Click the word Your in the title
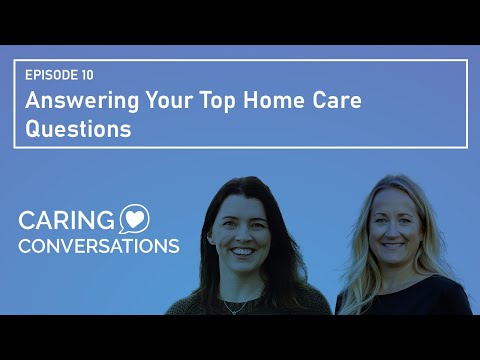tap(158, 101)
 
